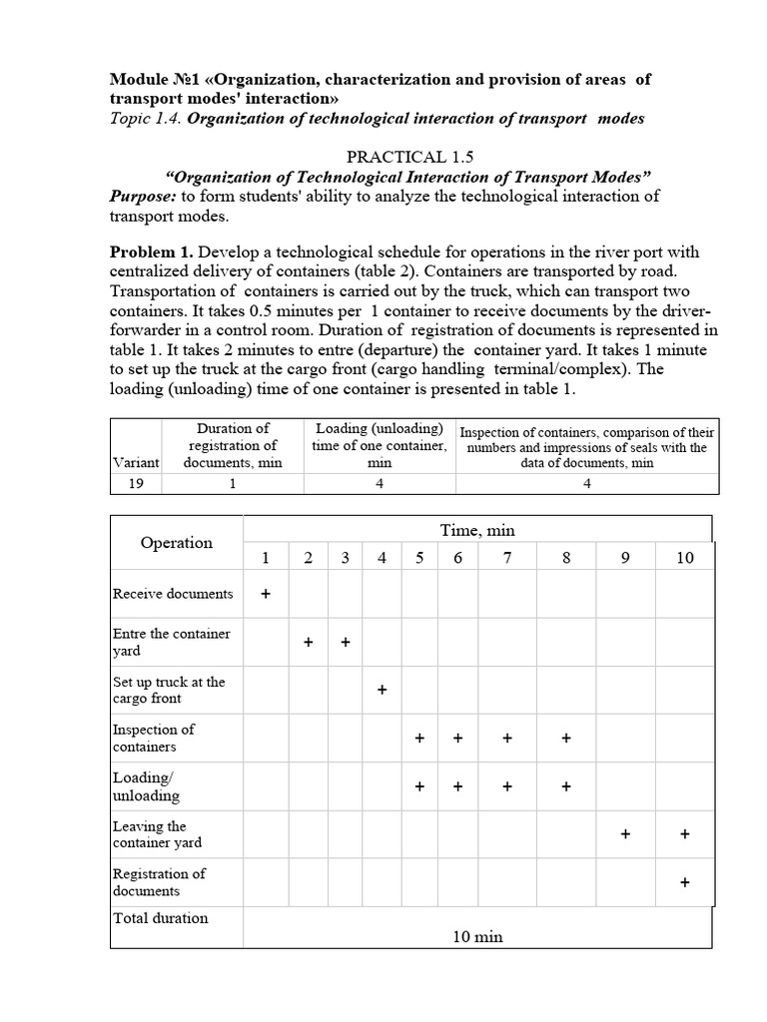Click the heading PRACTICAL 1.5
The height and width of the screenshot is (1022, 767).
(409, 157)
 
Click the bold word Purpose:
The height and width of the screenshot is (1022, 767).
(143, 196)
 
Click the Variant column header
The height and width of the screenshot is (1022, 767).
(134, 462)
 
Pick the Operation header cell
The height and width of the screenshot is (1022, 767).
(177, 543)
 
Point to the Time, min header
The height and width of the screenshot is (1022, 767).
(477, 530)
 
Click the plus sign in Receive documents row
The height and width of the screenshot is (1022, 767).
(266, 594)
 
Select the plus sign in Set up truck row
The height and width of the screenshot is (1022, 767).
(382, 691)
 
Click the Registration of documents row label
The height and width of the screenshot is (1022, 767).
(159, 882)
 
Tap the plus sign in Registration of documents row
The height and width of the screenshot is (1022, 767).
(684, 883)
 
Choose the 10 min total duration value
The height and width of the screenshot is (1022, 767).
(477, 936)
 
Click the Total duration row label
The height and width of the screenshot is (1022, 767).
(161, 918)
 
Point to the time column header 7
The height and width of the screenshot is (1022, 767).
(507, 558)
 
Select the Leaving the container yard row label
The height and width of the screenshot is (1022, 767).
(157, 834)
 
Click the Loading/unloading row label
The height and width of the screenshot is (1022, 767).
(147, 786)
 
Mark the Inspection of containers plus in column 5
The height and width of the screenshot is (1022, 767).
(419, 739)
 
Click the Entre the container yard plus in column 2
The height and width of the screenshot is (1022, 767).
(309, 643)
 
